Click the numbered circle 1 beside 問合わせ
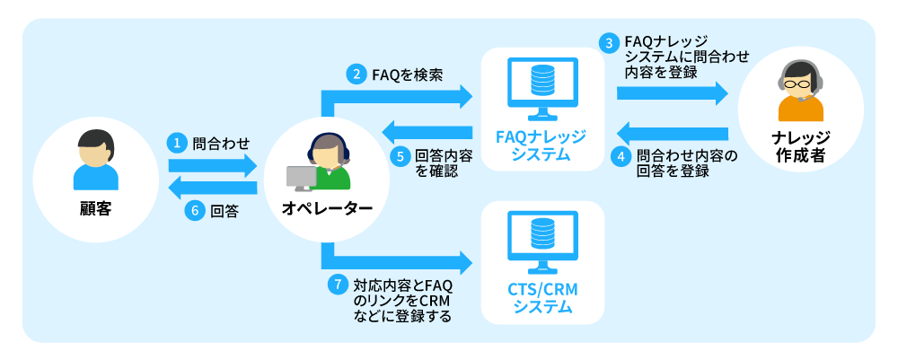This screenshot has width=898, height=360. point(177,142)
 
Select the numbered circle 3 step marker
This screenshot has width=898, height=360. point(610,42)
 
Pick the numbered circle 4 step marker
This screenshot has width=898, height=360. point(620,155)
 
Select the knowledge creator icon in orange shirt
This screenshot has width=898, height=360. point(798,91)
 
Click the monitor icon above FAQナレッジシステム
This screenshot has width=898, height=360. point(541,88)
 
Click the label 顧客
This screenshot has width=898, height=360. point(95,210)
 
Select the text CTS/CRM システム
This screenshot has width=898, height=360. point(541,299)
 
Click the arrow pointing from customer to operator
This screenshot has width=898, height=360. point(214,165)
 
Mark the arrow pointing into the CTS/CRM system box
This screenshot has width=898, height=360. point(404,262)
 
